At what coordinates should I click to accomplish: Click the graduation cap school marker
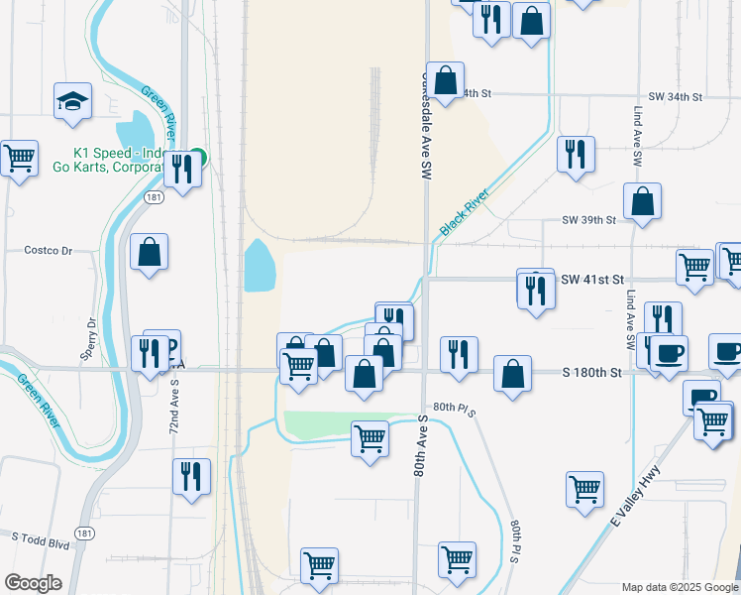(x=73, y=101)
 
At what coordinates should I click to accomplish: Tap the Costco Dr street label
(x=50, y=251)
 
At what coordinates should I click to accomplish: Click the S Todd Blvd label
(x=41, y=537)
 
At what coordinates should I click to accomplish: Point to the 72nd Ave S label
(x=174, y=413)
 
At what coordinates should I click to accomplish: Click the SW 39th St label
(x=588, y=219)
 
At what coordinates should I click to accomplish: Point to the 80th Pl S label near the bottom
(x=515, y=541)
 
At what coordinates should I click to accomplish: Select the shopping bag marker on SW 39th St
(x=643, y=201)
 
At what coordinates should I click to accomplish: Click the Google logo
(x=33, y=583)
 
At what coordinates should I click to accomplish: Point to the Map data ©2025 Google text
(x=680, y=587)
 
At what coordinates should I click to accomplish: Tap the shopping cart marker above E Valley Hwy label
(x=584, y=488)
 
